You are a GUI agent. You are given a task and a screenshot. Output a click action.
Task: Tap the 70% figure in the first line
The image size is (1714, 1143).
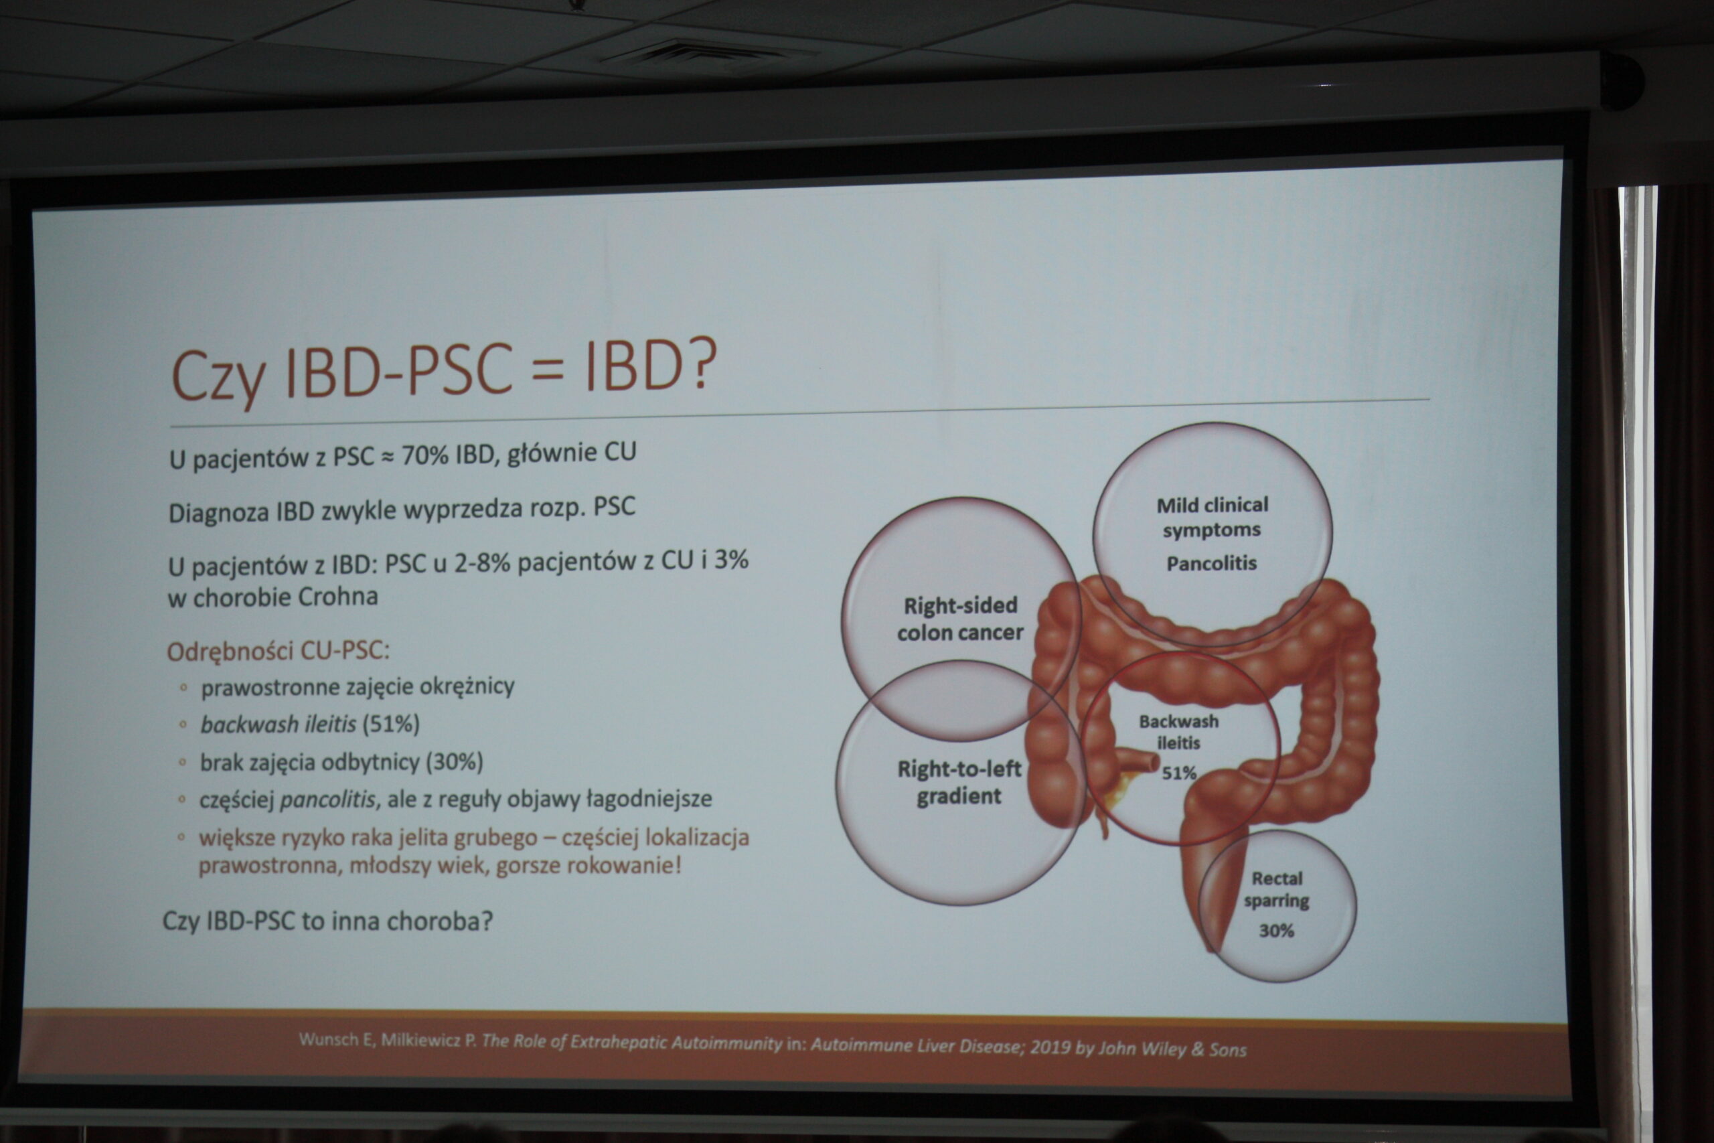425,455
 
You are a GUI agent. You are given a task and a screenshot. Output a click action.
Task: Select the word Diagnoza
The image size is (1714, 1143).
219,513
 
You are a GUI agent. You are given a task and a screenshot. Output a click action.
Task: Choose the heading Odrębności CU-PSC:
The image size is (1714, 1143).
279,650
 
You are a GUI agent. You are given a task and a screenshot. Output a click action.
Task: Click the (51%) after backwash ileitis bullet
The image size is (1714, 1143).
391,724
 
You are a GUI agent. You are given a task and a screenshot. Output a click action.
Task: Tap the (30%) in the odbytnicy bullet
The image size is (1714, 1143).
455,762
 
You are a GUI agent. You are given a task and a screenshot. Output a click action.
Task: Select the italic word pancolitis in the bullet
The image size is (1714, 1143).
329,799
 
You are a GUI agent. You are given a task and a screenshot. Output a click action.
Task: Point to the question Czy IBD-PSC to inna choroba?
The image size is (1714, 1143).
327,921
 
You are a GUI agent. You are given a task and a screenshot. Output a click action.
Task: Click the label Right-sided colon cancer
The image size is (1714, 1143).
961,619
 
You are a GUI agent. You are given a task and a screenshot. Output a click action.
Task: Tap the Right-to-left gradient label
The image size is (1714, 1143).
959,782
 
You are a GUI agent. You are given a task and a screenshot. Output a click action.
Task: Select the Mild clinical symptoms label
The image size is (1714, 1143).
1212,517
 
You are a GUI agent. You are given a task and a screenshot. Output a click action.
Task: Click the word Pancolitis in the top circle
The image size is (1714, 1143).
1211,562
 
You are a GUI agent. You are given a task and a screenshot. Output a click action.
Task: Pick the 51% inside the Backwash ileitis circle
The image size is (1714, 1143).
1179,773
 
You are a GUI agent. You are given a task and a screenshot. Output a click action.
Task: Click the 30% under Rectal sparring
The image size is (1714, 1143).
1277,930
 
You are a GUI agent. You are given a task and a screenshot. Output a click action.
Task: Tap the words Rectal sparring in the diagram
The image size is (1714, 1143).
1277,890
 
